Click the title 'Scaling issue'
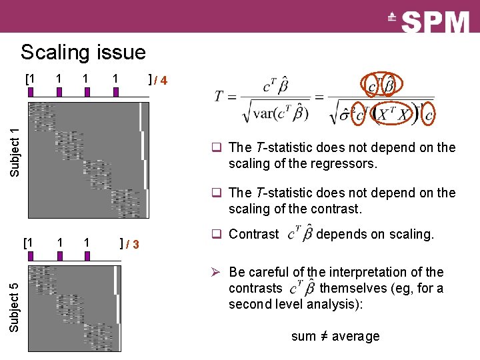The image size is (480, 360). (83, 52)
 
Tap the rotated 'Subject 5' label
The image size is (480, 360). (15, 307)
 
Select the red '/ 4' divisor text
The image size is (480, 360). (161, 81)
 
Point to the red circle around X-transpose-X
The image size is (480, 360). (395, 113)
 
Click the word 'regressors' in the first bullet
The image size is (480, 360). (350, 163)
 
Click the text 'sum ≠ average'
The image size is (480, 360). (335, 336)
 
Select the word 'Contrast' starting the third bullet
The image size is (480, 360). (253, 234)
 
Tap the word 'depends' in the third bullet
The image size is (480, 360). (340, 234)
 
